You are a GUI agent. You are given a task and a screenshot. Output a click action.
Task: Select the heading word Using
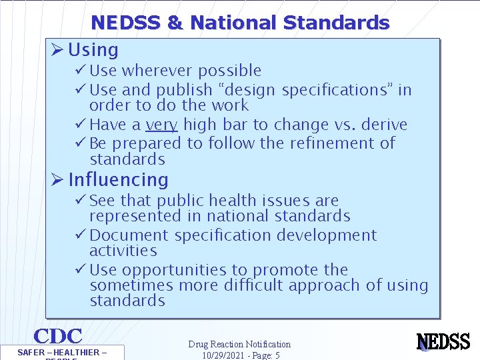pyautogui.click(x=93, y=50)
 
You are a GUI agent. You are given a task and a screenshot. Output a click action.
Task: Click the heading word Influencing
pyautogui.click(x=118, y=179)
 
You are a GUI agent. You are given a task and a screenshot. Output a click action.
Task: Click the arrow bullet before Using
pyautogui.click(x=57, y=50)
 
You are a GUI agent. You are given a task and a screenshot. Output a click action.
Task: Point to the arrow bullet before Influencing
pyautogui.click(x=57, y=179)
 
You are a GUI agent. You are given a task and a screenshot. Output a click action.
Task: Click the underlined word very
pyautogui.click(x=161, y=125)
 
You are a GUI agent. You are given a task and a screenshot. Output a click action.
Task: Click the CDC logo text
pyautogui.click(x=58, y=337)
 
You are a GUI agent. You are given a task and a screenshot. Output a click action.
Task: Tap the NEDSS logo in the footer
pyautogui.click(x=443, y=342)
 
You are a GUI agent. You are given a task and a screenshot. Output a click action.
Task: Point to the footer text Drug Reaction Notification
pyautogui.click(x=239, y=344)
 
